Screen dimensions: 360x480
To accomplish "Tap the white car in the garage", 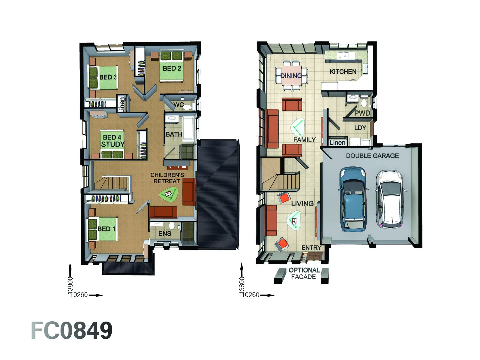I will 391,199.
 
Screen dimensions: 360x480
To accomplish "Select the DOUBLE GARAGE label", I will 372,156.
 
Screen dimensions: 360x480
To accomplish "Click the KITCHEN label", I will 343,72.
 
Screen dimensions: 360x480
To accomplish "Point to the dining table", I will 291,76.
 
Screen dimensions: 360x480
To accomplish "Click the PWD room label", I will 362,113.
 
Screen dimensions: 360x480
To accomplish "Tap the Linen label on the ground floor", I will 337,143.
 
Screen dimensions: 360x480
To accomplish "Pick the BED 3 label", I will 108,77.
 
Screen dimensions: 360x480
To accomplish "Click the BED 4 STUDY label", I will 112,141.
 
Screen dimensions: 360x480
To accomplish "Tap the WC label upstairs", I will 179,105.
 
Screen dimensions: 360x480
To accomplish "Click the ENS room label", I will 165,234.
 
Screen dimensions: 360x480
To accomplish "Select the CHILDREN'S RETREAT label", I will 167,178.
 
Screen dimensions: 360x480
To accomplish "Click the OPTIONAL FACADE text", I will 304,273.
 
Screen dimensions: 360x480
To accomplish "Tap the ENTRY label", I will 311,248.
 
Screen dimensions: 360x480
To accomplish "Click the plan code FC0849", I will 72,331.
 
